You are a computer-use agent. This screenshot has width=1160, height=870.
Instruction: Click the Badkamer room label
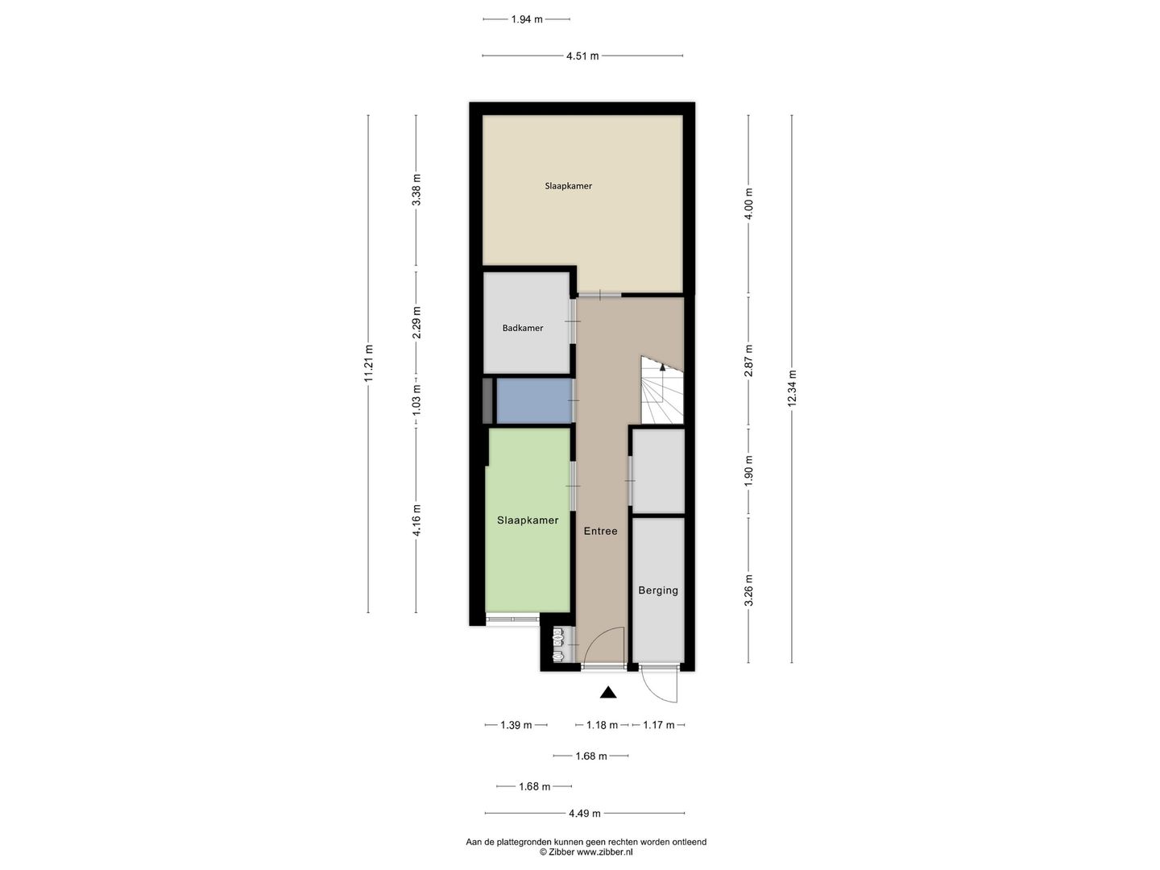pyautogui.click(x=523, y=328)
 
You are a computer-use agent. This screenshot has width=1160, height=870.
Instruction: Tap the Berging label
pyautogui.click(x=658, y=590)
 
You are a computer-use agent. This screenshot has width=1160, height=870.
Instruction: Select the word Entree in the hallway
pyautogui.click(x=601, y=531)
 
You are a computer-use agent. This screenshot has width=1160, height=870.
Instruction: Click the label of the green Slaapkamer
pyautogui.click(x=528, y=520)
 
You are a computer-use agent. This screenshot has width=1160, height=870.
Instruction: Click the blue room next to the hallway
pyautogui.click(x=533, y=400)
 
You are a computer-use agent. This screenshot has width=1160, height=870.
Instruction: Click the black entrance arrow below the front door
pyautogui.click(x=608, y=692)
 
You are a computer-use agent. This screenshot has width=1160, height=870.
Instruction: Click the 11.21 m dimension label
pyautogui.click(x=369, y=364)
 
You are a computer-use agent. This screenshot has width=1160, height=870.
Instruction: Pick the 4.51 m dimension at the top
pyautogui.click(x=582, y=56)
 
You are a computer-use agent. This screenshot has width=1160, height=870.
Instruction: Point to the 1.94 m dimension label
pyautogui.click(x=527, y=19)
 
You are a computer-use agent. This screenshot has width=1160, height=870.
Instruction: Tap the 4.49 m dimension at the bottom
pyautogui.click(x=585, y=814)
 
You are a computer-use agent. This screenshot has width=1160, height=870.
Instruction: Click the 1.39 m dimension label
pyautogui.click(x=516, y=725)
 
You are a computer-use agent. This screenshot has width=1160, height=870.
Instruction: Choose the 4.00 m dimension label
pyautogui.click(x=749, y=204)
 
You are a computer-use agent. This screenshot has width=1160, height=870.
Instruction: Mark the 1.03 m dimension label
pyautogui.click(x=416, y=401)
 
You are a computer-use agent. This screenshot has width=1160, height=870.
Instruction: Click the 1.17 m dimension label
pyautogui.click(x=658, y=725)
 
